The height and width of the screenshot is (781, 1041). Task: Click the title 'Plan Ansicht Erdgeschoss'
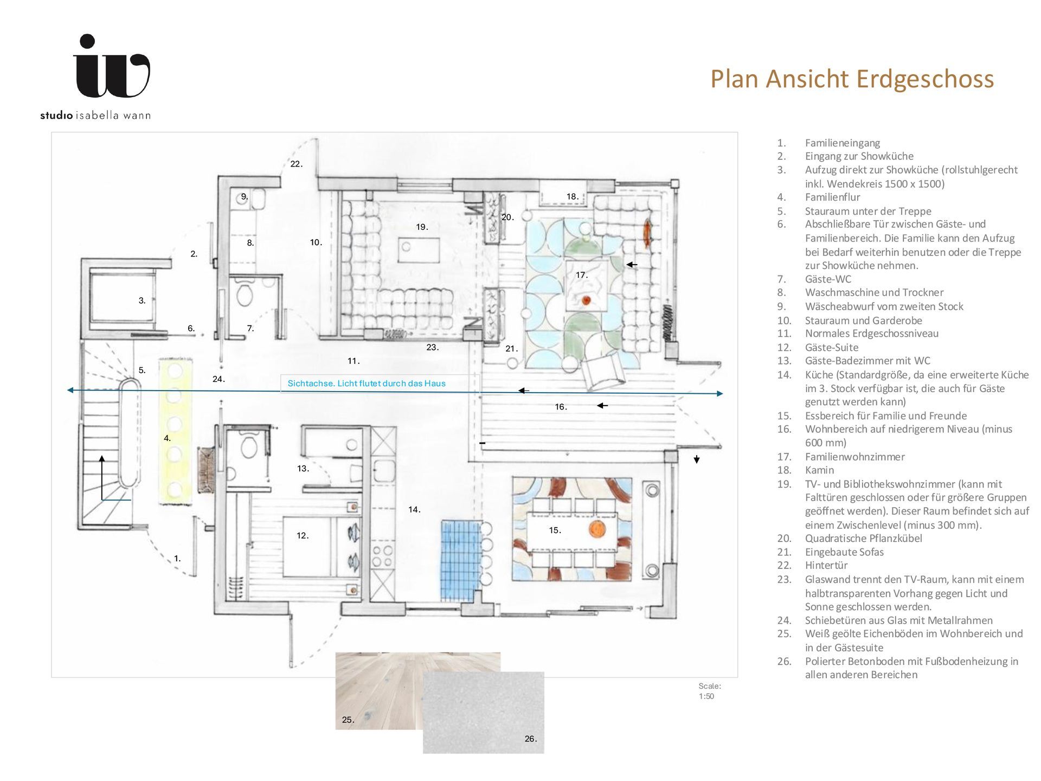tap(852, 79)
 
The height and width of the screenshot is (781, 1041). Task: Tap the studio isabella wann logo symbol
tap(112, 66)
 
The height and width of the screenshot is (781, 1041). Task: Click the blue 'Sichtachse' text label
tap(367, 383)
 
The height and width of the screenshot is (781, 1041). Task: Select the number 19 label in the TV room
tap(422, 227)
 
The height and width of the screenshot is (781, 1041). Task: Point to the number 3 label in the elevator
tap(142, 300)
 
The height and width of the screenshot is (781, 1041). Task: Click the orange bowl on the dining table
tap(596, 528)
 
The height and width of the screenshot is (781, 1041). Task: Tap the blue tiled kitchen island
tap(461, 560)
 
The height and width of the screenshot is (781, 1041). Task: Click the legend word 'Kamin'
tap(819, 470)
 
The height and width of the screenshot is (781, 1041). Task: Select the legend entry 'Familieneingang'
tap(843, 143)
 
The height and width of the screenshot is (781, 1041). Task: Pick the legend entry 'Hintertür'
tap(826, 565)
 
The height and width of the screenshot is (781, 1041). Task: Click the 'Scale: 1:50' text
tap(710, 691)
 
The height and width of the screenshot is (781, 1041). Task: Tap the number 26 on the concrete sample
tap(531, 739)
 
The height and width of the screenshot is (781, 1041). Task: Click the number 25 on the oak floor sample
tap(348, 720)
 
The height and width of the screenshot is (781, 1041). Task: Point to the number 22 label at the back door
tap(296, 164)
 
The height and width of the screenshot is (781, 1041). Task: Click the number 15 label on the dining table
tap(555, 530)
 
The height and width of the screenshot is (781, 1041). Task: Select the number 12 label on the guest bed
tap(303, 535)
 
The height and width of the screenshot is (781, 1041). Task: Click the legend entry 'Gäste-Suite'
tap(832, 348)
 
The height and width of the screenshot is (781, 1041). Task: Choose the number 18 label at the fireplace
tap(573, 196)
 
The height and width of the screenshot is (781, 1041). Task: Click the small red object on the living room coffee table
tap(586, 300)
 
